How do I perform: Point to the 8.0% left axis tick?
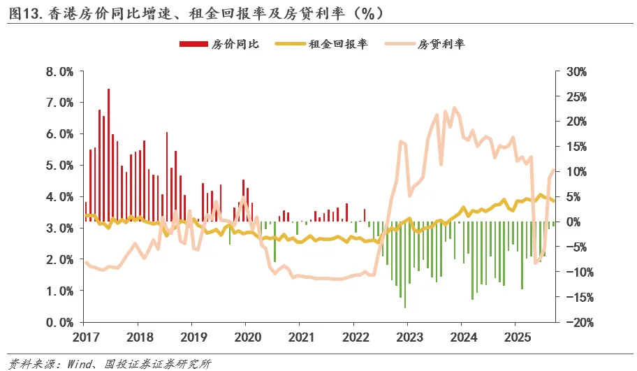coord(59,71)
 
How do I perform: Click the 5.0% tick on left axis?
coord(59,166)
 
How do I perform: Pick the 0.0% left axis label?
coord(59,322)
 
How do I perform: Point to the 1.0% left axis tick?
coord(59,291)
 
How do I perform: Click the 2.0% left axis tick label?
coord(59,259)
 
